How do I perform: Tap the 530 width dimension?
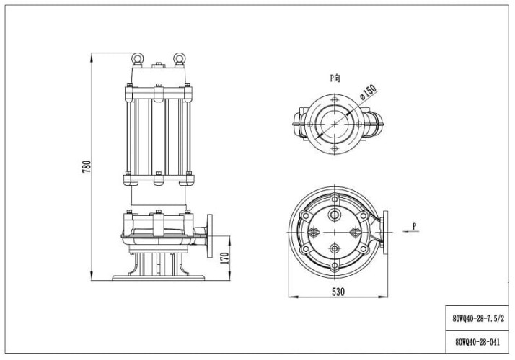(x=338, y=292)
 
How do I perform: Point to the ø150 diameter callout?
(x=367, y=93)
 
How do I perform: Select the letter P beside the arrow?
(x=414, y=226)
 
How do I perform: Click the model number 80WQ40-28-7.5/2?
(x=477, y=318)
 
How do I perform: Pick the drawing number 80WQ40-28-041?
(x=477, y=343)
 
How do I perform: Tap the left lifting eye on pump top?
(x=136, y=55)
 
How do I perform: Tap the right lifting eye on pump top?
(x=178, y=55)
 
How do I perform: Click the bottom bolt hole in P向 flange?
(x=336, y=150)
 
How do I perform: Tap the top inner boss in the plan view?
(x=336, y=215)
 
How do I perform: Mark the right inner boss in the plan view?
(x=355, y=232)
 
